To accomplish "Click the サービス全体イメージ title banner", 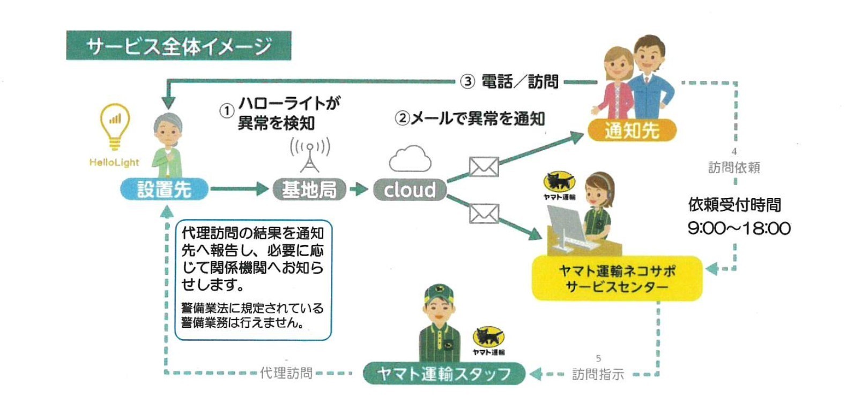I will tap(179, 46).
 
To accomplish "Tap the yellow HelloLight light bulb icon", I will tap(115, 127).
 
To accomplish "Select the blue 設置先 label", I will tap(164, 189).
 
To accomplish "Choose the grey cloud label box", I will tap(410, 189).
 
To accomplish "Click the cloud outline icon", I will tap(410, 159).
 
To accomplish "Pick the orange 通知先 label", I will tap(632, 130).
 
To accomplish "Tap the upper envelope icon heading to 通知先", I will tap(484, 167).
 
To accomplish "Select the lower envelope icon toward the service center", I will tap(484, 214).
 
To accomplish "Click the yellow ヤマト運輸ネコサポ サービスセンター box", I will tap(617, 278).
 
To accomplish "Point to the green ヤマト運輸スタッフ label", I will tap(444, 373).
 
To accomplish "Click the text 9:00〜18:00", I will tap(739, 229).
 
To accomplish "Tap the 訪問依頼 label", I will tap(734, 168).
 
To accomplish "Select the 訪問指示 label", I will tap(598, 374).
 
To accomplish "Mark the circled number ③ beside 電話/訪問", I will tap(467, 82).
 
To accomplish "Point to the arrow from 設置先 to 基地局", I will tap(239, 189).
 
